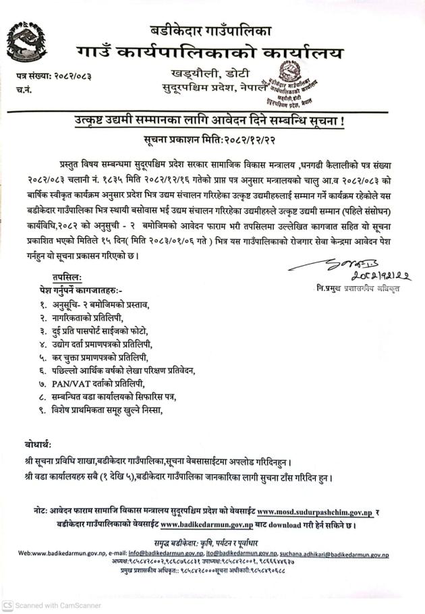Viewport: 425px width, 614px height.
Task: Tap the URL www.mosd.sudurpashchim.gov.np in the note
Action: pyautogui.click(x=314, y=512)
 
